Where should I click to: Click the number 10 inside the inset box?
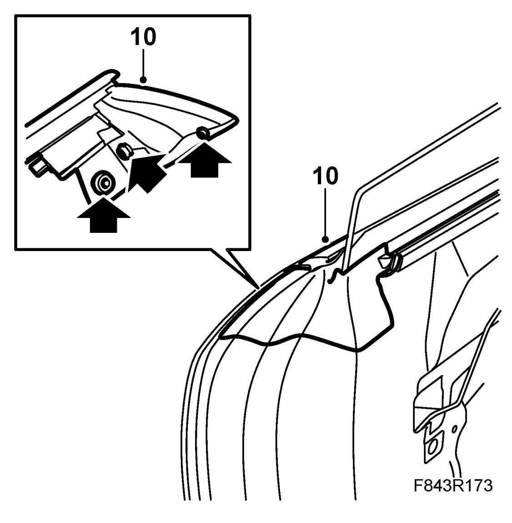click(143, 38)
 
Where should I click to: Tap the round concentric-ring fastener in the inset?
click(103, 183)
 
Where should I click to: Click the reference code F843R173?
click(453, 486)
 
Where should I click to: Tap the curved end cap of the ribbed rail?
click(396, 262)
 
